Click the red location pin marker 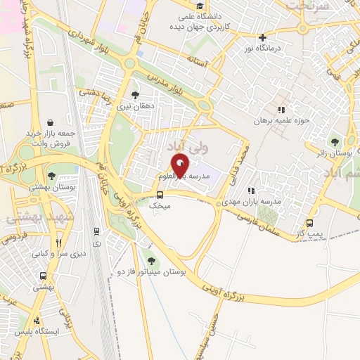point(181,165)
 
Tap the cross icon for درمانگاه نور point(262,38)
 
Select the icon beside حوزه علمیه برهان point(282,110)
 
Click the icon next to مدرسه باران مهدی point(251,191)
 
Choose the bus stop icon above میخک point(160,195)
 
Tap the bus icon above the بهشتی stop point(44,276)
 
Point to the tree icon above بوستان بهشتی point(51,176)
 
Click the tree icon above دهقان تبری point(136,95)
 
